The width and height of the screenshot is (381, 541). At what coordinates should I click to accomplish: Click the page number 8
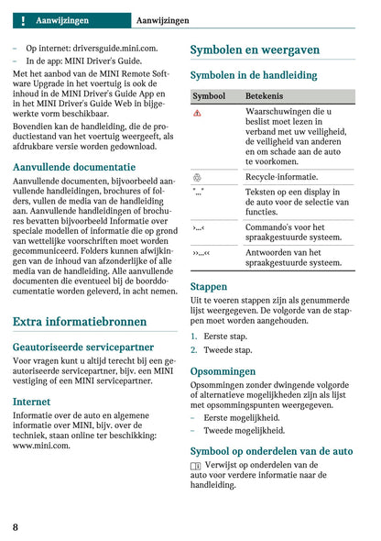16,526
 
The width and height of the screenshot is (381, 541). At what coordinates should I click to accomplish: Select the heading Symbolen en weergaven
254,50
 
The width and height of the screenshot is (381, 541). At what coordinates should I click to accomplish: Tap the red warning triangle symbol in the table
198,112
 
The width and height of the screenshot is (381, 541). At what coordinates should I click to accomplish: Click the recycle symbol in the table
198,176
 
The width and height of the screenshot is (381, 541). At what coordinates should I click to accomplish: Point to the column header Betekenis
265,95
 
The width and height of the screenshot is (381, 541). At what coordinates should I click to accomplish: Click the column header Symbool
209,95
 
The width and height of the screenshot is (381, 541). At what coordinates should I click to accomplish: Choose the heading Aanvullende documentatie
74,167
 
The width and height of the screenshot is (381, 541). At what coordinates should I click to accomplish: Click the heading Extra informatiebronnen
80,322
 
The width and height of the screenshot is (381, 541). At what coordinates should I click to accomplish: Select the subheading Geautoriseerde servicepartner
83,348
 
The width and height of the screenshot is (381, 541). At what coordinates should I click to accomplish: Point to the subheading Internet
32,402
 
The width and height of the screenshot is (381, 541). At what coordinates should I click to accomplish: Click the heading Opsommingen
223,371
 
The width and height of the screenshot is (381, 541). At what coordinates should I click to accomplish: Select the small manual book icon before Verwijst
196,467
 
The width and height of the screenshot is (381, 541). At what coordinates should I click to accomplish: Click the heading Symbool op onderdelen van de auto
270,451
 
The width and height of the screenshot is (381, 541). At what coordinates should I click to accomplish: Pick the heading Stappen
209,286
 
